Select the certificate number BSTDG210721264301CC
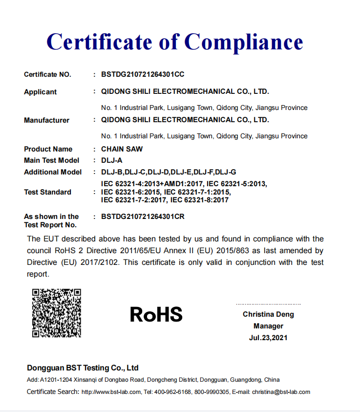click(143, 75)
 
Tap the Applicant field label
click(40, 92)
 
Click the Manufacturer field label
click(46, 120)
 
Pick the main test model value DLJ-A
click(111, 160)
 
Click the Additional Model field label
click(53, 172)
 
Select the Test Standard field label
click(47, 192)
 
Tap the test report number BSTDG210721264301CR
click(143, 216)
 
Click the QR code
click(56, 313)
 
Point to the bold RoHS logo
click(156, 314)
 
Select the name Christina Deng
click(268, 314)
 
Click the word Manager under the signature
click(268, 326)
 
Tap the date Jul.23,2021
click(268, 338)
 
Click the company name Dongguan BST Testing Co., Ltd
click(83, 368)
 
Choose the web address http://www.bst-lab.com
click(111, 392)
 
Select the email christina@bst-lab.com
click(281, 392)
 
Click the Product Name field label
click(48, 149)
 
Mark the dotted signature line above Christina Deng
click(268, 304)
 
